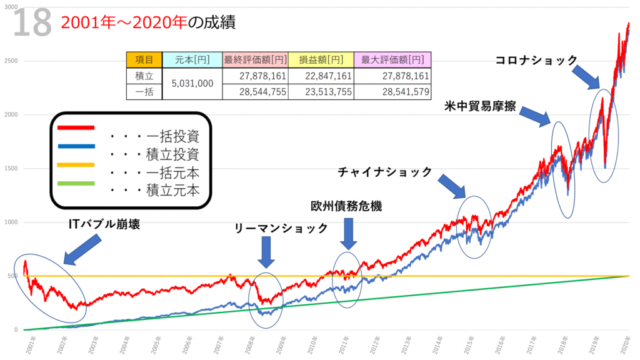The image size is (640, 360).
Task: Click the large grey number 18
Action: tap(31, 24)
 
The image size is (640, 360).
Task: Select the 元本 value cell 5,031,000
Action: tap(192, 83)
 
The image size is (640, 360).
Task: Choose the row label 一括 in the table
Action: tap(144, 91)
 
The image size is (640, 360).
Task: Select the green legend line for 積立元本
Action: tap(75, 182)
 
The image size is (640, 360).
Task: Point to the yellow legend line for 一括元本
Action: tap(75, 164)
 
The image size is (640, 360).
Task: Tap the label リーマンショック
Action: tap(282, 229)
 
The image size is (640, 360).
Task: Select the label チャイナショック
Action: tap(385, 171)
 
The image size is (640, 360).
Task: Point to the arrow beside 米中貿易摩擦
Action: tap(534, 116)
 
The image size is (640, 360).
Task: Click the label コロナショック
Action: tap(536, 60)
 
